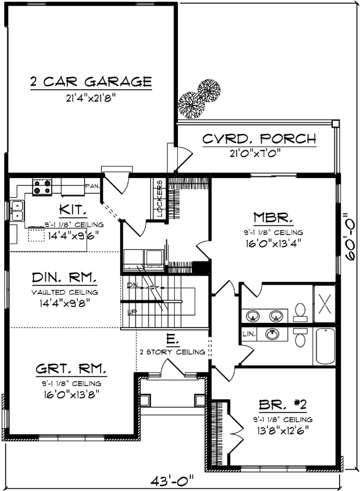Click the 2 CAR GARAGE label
point(91,82)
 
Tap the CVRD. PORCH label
point(259,139)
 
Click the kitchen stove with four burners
point(42,187)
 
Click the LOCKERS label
point(159,199)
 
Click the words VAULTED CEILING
point(65,292)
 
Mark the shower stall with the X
point(325,303)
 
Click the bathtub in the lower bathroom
point(325,347)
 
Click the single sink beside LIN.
point(274,334)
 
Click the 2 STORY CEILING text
point(172,351)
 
